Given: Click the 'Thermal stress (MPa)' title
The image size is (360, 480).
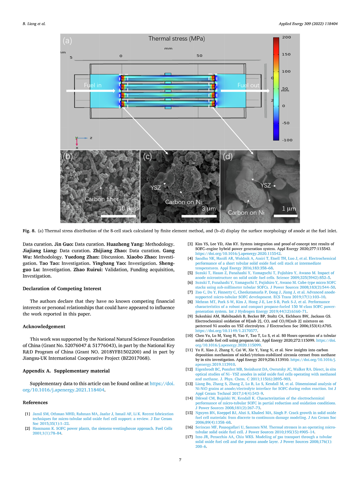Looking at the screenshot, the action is (176, 39).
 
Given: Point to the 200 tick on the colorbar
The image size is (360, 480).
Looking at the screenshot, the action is (286, 37).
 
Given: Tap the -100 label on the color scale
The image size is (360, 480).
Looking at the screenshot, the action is (287, 140).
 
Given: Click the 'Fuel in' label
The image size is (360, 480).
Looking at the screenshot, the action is (93, 85).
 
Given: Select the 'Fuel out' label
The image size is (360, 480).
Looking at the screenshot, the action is (248, 85).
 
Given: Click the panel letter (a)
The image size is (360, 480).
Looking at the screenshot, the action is (67, 41).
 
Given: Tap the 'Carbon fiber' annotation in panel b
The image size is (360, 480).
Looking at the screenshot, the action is (102, 199).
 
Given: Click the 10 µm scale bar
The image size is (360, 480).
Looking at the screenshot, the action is (119, 216).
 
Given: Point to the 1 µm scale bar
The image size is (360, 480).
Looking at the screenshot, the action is (286, 216).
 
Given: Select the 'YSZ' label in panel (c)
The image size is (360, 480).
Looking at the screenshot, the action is (156, 188).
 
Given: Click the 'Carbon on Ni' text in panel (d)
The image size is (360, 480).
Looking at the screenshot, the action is (246, 212).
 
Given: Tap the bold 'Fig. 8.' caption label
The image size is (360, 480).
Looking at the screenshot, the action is (29, 231).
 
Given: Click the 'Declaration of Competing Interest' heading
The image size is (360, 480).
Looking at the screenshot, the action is (62, 288).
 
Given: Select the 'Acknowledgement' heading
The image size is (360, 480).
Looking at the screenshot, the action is (44, 327).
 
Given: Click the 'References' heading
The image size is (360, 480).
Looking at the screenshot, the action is (35, 402).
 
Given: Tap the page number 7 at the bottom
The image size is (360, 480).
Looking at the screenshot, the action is (180, 460).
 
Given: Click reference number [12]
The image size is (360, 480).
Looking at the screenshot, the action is (189, 369).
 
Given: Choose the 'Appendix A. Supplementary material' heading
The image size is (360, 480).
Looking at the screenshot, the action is (66, 371).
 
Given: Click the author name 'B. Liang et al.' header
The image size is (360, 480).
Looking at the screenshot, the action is (34, 24).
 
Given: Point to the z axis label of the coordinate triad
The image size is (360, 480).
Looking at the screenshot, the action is (91, 138).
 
